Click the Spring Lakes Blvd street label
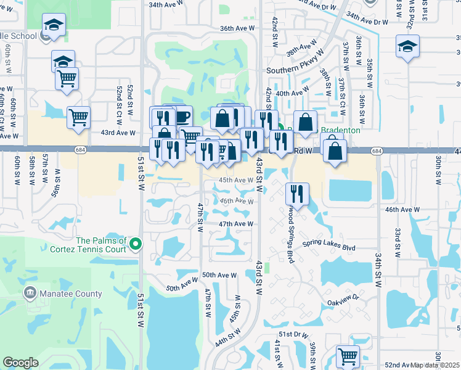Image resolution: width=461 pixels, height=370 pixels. pyautogui.click(x=329, y=248)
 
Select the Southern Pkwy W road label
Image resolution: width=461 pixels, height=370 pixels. pyautogui.click(x=292, y=70)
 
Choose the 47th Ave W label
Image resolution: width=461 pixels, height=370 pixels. pyautogui.click(x=235, y=224)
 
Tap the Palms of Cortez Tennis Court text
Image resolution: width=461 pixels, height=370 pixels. pyautogui.click(x=101, y=245)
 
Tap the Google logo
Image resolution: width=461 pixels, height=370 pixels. pyautogui.click(x=20, y=363)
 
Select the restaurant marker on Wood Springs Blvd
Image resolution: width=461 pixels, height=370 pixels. pyautogui.click(x=297, y=194)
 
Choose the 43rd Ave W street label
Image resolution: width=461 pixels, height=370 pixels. pyautogui.click(x=118, y=133)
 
